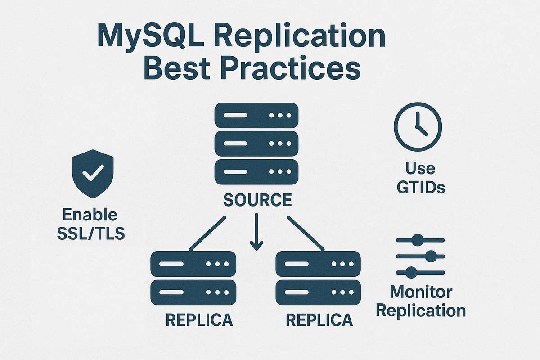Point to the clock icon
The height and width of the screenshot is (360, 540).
tap(418, 126)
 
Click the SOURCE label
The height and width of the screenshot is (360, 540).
tap(257, 199)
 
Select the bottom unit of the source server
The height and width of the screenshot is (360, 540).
tap(256, 171)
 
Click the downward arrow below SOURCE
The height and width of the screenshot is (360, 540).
tap(256, 232)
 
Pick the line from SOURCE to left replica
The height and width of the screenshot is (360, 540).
tap(207, 233)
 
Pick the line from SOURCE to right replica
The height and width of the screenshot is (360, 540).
tap(306, 233)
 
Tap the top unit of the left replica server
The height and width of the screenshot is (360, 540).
tap(193, 264)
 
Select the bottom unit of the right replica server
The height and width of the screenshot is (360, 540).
tap(318, 292)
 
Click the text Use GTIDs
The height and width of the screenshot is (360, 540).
tap(420, 177)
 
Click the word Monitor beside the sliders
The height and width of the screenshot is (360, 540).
tap(420, 292)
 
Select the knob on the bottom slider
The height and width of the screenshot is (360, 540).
tap(411, 272)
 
